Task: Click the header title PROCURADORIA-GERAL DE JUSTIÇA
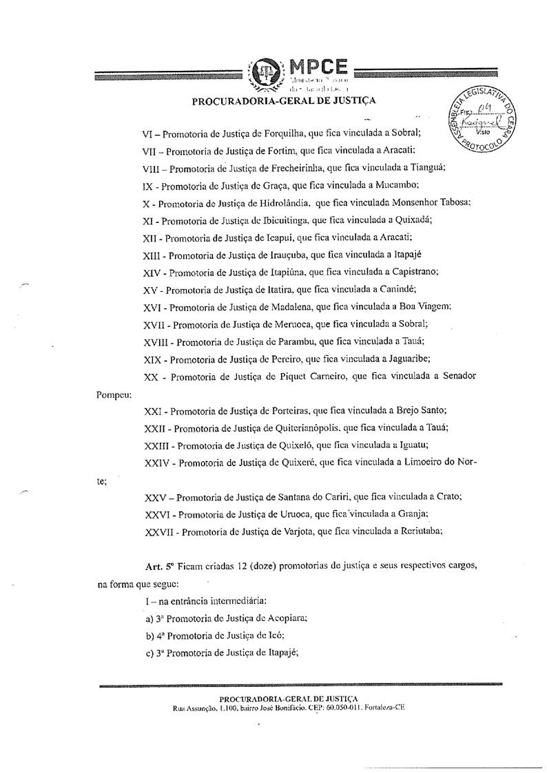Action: point(284,102)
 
